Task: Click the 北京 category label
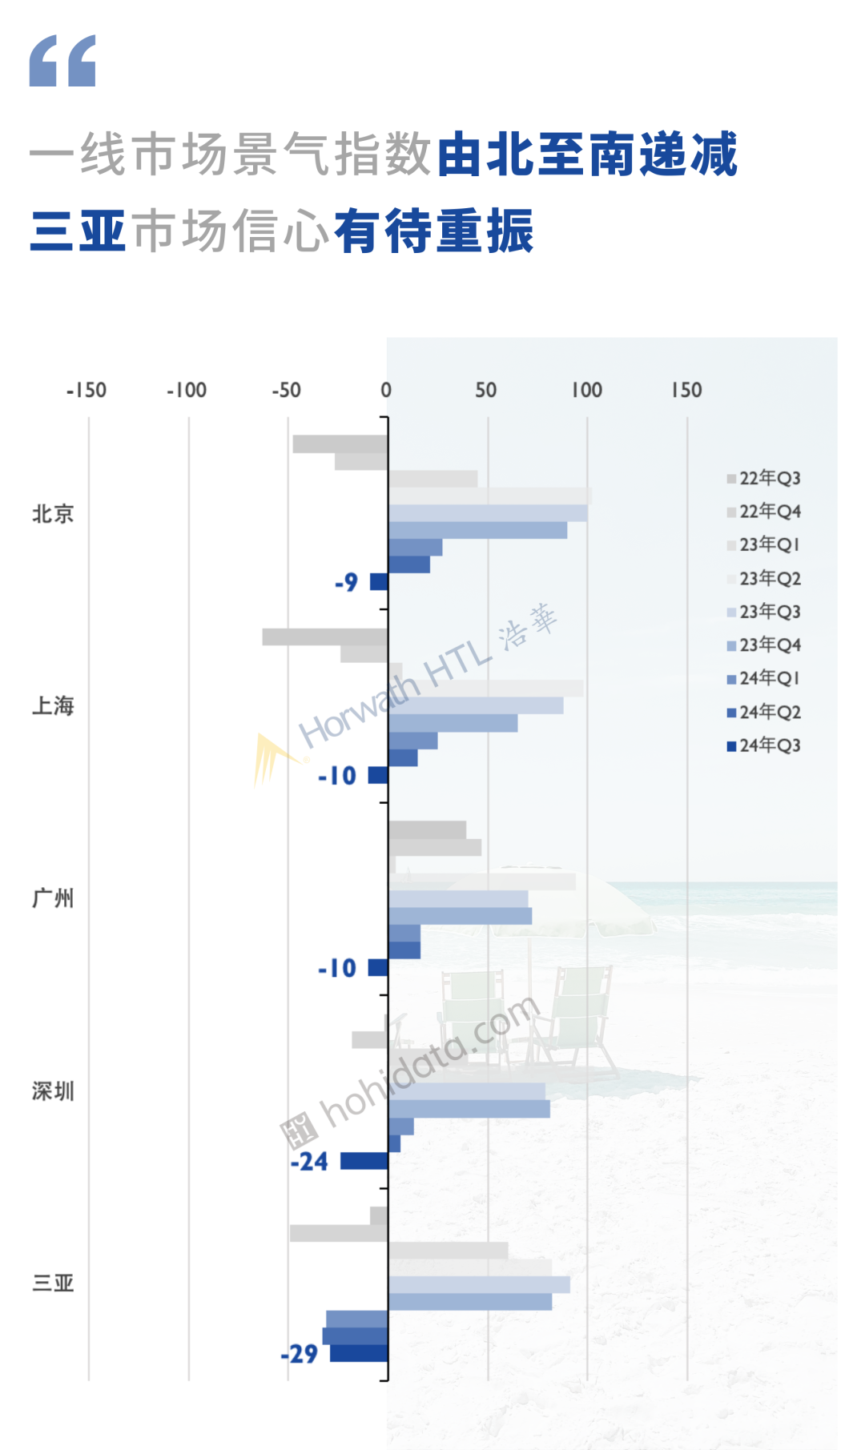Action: (53, 514)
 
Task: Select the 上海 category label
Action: (53, 706)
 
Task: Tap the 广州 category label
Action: (53, 898)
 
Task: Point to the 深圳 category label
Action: (53, 1091)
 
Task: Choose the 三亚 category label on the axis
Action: (53, 1283)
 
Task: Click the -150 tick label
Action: (86, 391)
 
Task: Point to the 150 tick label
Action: (686, 391)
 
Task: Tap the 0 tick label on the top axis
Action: (386, 391)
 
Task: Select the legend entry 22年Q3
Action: (764, 479)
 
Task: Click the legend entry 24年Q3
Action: (764, 746)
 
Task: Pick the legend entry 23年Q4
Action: (764, 645)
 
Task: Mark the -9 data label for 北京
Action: (347, 582)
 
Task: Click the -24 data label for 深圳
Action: (309, 1162)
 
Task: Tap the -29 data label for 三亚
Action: (300, 1354)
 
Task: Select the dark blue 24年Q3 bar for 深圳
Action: (364, 1161)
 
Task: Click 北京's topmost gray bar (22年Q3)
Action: (340, 444)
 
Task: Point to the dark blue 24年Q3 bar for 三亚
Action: (360, 1353)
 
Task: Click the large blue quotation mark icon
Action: (62, 61)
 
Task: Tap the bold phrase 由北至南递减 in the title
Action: (587, 155)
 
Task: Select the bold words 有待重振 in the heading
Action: (433, 231)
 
